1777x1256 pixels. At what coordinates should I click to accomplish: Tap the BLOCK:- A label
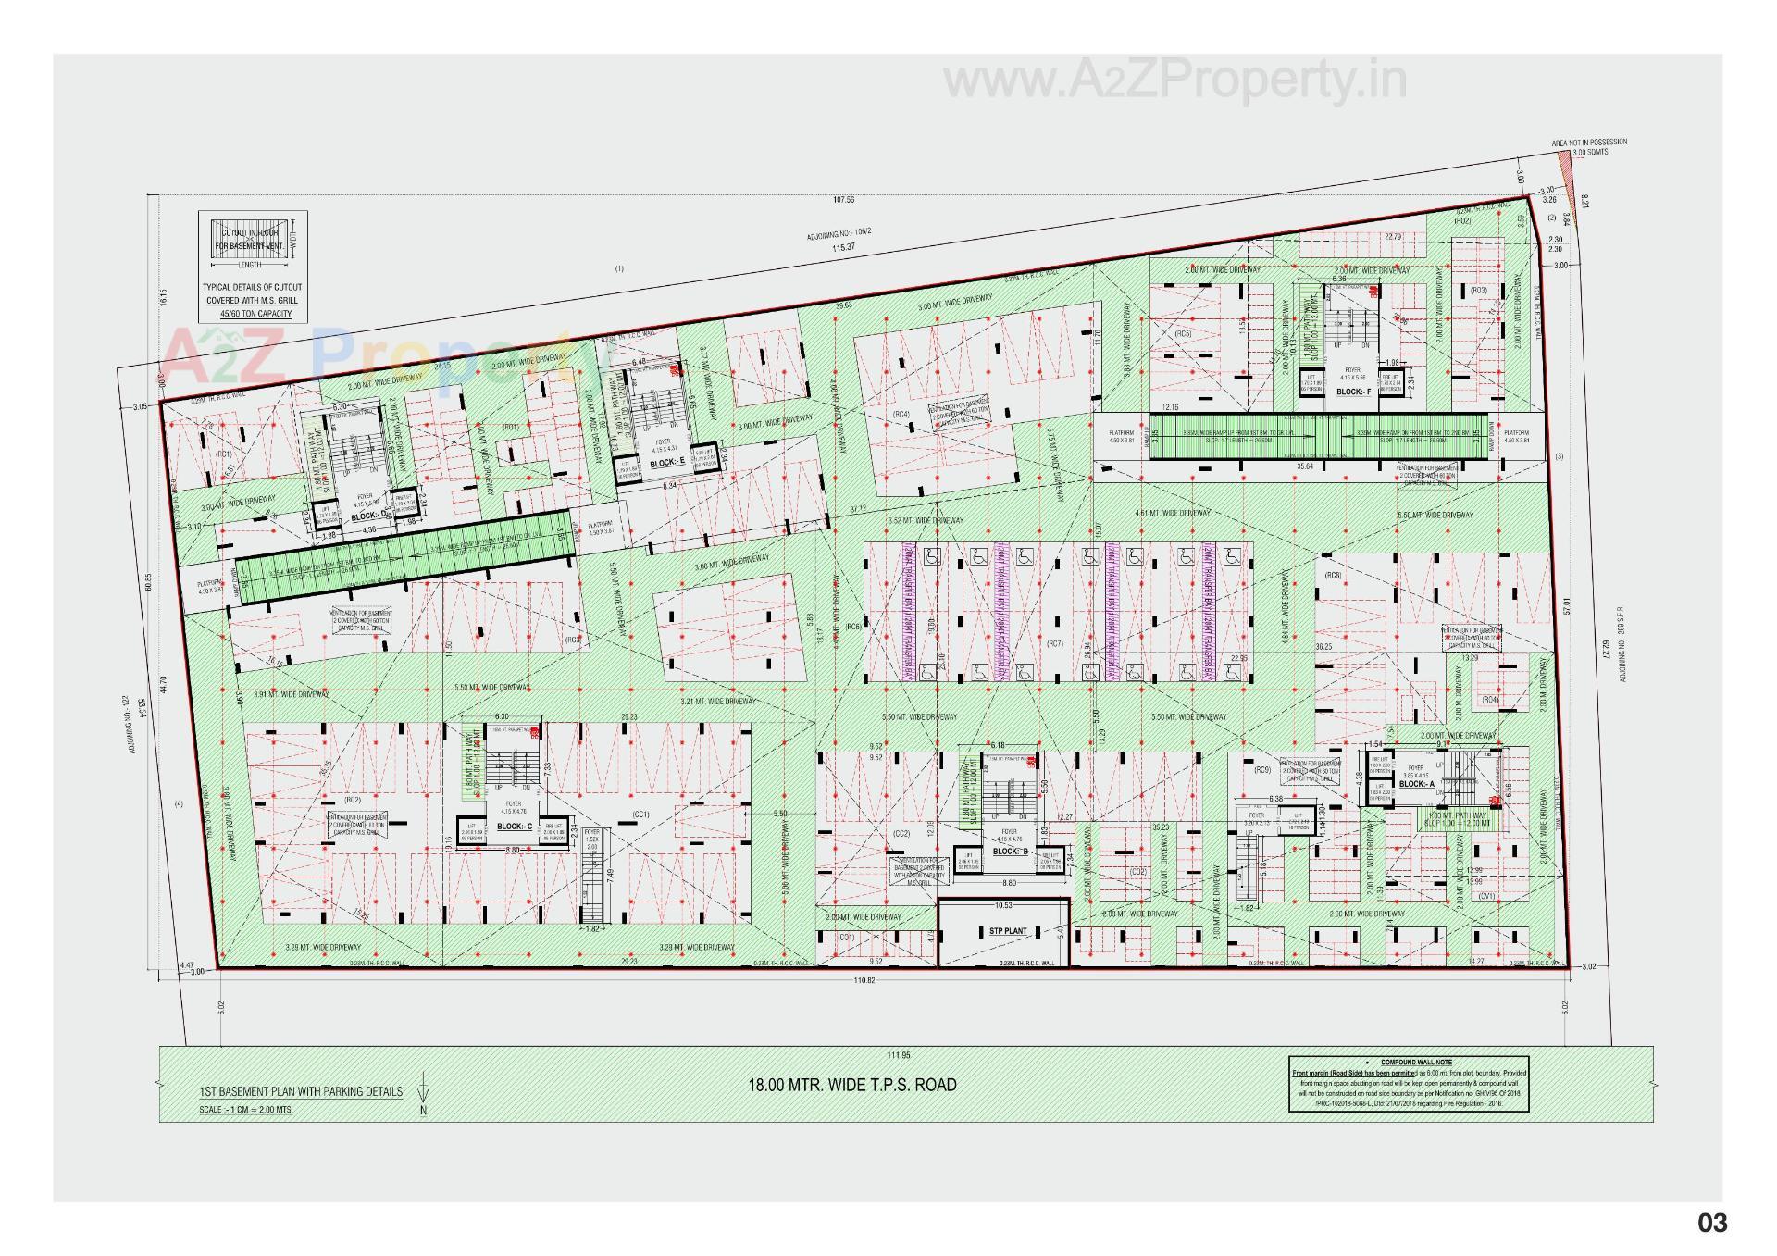coord(1416,784)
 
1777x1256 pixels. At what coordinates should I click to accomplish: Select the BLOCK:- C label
coord(514,827)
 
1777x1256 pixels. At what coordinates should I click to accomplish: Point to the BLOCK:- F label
coord(1353,392)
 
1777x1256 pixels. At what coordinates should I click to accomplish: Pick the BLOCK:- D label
coord(368,516)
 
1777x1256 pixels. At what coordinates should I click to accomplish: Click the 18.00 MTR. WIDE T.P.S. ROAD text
coord(851,1085)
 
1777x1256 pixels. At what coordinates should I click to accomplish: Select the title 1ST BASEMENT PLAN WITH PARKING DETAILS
coord(301,1091)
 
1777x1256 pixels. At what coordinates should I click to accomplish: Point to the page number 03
coord(1712,1224)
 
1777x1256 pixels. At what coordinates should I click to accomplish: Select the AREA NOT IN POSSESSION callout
coord(1589,143)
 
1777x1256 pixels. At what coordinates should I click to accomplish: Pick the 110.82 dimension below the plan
coord(866,980)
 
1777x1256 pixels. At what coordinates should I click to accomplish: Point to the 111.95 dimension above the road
coord(898,1055)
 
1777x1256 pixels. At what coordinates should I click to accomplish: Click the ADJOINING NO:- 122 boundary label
coord(130,726)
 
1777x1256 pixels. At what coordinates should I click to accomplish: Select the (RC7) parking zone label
coord(1054,643)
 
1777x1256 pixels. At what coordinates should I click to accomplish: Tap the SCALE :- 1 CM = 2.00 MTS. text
coord(246,1109)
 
